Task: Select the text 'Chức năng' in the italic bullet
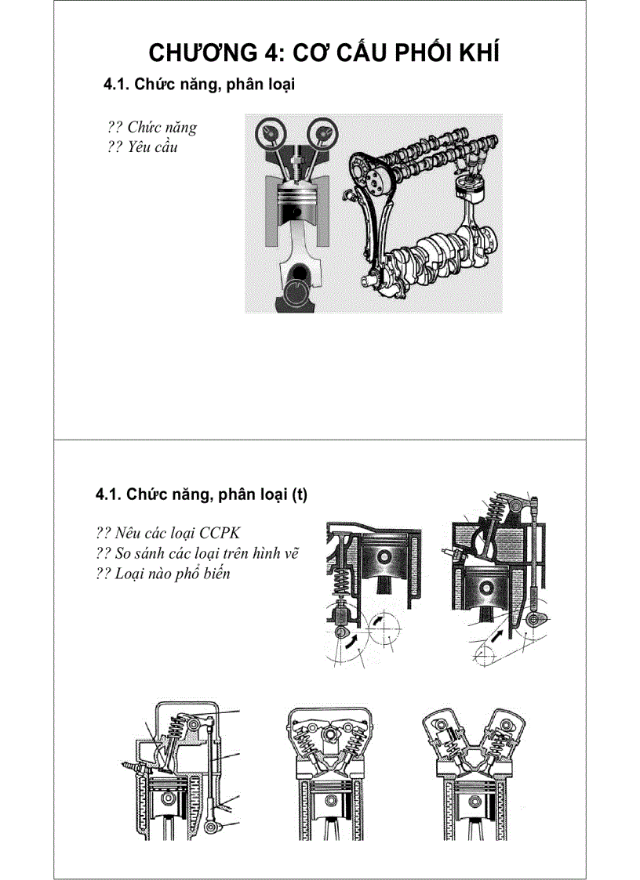[x=162, y=127]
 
